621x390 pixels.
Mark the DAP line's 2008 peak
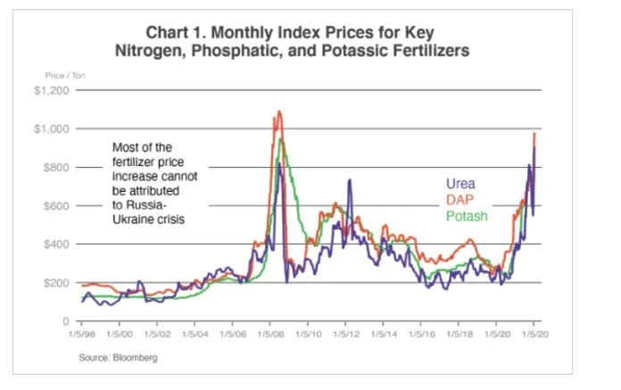[279, 112]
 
